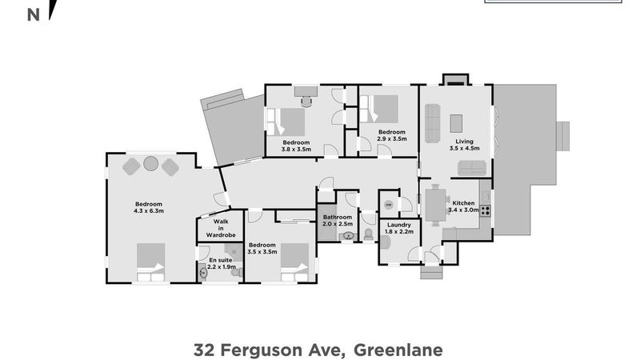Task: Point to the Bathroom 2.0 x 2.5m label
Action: point(338,221)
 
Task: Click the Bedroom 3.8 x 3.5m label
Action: point(295,145)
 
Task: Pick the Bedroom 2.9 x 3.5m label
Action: point(391,135)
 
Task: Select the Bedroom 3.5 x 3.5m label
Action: point(262,248)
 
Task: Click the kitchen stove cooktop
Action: point(485,211)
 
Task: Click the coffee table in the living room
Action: point(457,123)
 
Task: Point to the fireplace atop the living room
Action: point(454,78)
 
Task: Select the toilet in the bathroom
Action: point(368,234)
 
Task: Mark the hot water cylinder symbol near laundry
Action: point(388,205)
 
